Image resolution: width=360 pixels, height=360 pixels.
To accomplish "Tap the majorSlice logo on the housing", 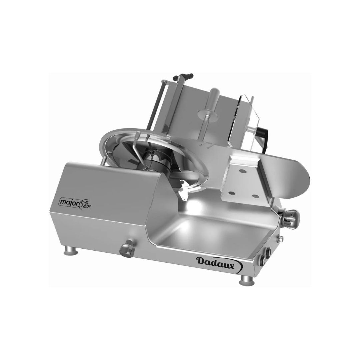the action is point(75,202).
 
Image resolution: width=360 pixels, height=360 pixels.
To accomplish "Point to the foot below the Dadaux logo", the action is point(246,280).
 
